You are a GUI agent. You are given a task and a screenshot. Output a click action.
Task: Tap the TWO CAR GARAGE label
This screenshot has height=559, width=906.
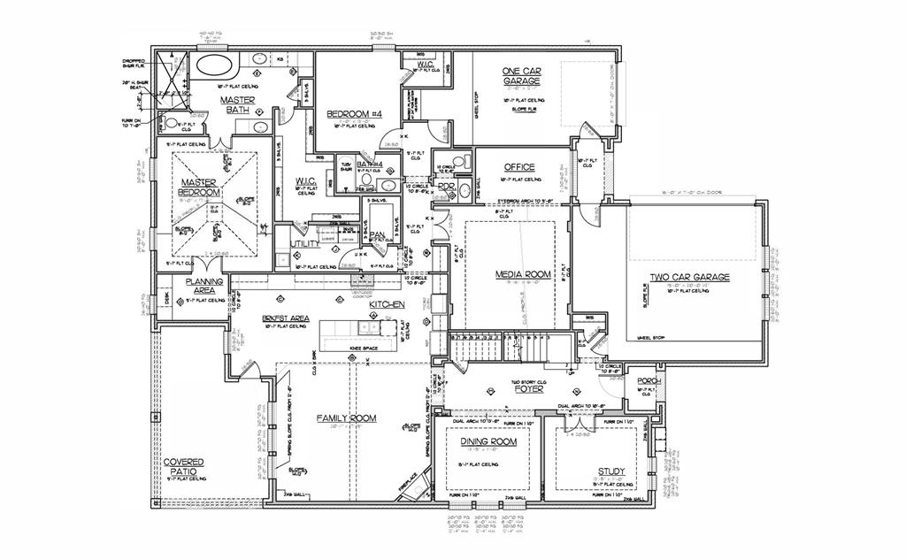690,277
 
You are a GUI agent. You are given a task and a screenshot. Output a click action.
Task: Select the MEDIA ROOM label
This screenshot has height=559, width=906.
522,274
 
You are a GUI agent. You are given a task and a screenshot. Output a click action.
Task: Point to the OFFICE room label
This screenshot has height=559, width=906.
519,167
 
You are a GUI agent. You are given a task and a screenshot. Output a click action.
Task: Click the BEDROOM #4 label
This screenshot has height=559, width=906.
354,114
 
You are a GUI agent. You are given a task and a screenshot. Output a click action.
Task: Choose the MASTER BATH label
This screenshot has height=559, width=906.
237,105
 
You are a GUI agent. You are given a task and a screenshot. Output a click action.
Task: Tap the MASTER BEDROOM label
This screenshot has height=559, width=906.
199,188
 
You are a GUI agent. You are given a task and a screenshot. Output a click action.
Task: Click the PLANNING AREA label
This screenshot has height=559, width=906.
203,286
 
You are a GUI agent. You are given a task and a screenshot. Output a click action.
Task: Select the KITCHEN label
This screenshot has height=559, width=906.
387,304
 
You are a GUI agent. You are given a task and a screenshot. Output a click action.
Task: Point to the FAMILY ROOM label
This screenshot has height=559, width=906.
347,417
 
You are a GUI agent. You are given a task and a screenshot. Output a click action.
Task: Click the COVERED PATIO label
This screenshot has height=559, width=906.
183,467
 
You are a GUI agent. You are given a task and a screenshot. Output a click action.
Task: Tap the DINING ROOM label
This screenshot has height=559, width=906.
488,440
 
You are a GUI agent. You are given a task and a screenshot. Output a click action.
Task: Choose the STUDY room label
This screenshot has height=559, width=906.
610,471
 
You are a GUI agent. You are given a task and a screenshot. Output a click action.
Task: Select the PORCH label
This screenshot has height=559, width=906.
649,381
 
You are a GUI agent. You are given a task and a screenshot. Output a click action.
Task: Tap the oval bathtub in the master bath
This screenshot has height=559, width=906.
212,64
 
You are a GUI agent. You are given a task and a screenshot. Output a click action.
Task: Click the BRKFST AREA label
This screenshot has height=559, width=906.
285,318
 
